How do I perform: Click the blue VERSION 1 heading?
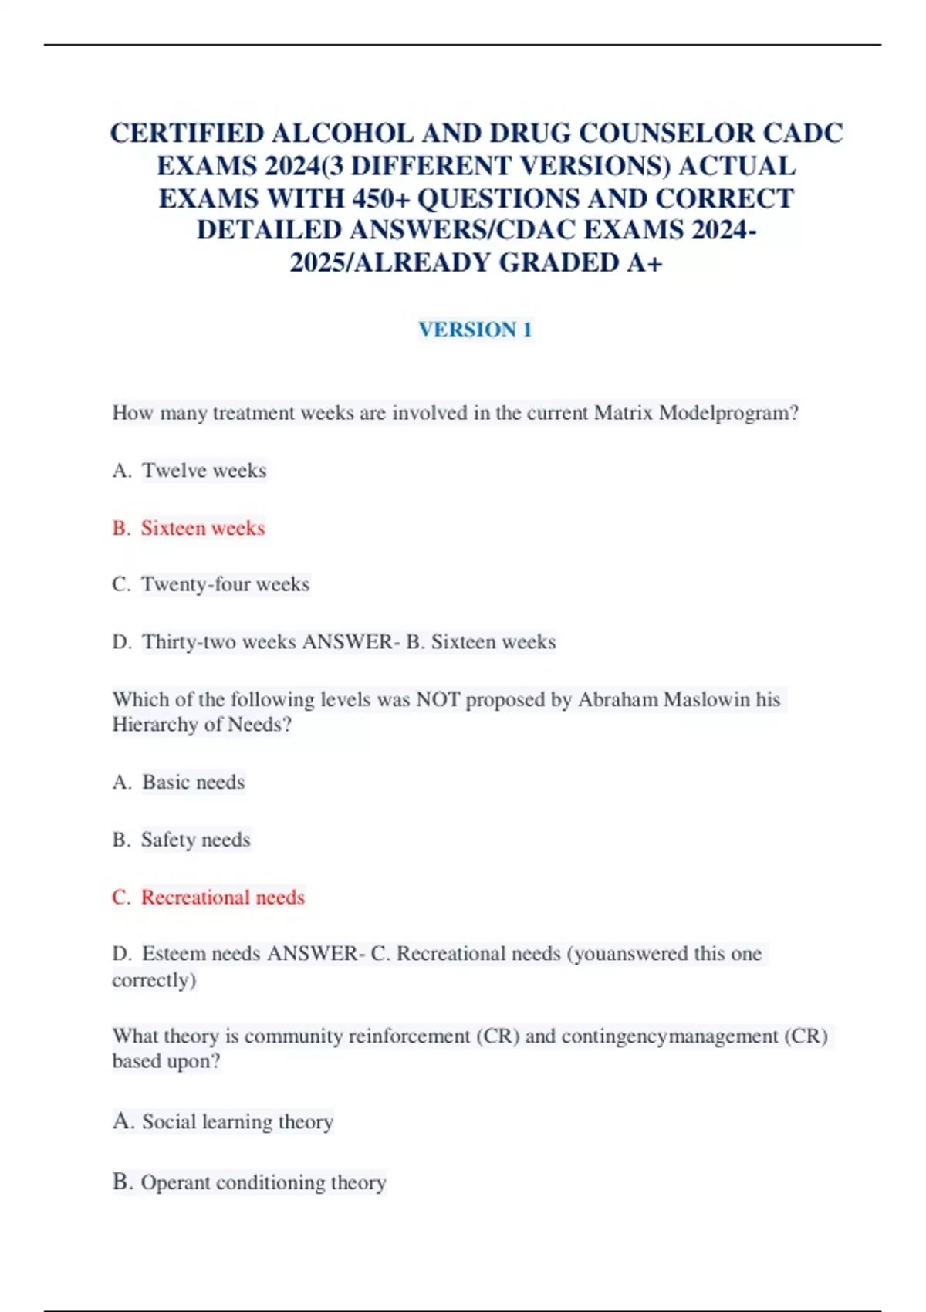pyautogui.click(x=475, y=330)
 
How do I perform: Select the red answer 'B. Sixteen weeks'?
pyautogui.click(x=188, y=528)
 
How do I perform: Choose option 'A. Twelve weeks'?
pyautogui.click(x=189, y=470)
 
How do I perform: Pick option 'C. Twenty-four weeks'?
pyautogui.click(x=211, y=584)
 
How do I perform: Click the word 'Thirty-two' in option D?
pyautogui.click(x=189, y=642)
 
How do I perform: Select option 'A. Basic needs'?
pyautogui.click(x=178, y=782)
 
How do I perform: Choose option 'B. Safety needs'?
pyautogui.click(x=181, y=840)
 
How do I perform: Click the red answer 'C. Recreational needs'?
pyautogui.click(x=208, y=897)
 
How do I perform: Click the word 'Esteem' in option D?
pyautogui.click(x=174, y=954)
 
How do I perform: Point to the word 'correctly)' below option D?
pyautogui.click(x=154, y=980)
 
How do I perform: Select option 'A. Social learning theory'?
pyautogui.click(x=223, y=1121)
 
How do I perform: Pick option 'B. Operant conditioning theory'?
pyautogui.click(x=249, y=1182)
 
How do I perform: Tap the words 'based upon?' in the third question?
pyautogui.click(x=166, y=1061)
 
